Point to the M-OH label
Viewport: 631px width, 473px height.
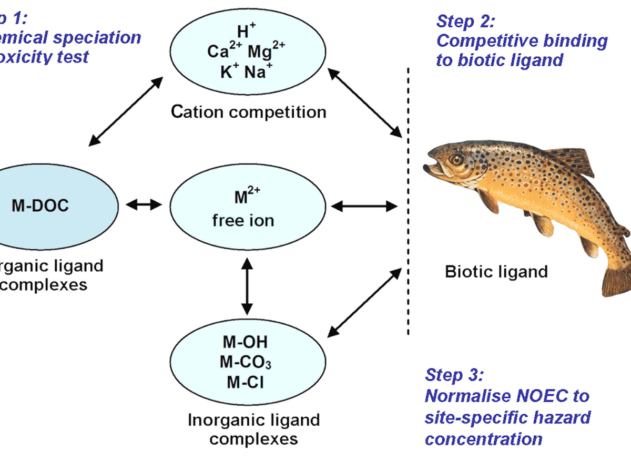(245, 342)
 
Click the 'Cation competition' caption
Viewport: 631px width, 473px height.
(248, 112)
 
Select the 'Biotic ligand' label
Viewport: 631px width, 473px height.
(496, 272)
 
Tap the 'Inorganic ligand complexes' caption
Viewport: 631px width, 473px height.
(254, 429)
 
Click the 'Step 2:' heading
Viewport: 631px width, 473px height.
(466, 22)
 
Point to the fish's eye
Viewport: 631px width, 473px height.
(456, 159)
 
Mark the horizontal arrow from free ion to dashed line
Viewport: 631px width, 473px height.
(365, 206)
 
